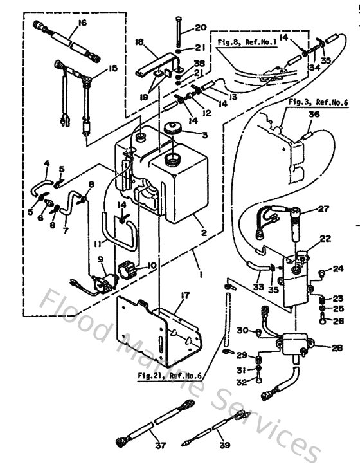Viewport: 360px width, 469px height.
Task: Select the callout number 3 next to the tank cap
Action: (204, 135)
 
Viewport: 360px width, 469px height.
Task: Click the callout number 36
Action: (313, 114)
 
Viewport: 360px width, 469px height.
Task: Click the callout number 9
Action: (100, 260)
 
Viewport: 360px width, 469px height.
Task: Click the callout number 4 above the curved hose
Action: (46, 163)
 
